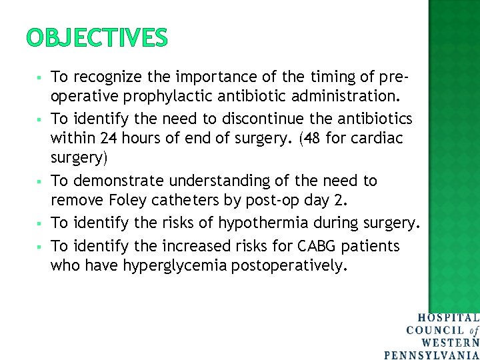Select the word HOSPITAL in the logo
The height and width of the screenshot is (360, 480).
coord(449,319)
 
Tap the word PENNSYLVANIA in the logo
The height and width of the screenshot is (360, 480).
coord(432,355)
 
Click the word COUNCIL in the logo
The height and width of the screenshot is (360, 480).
coord(435,331)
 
